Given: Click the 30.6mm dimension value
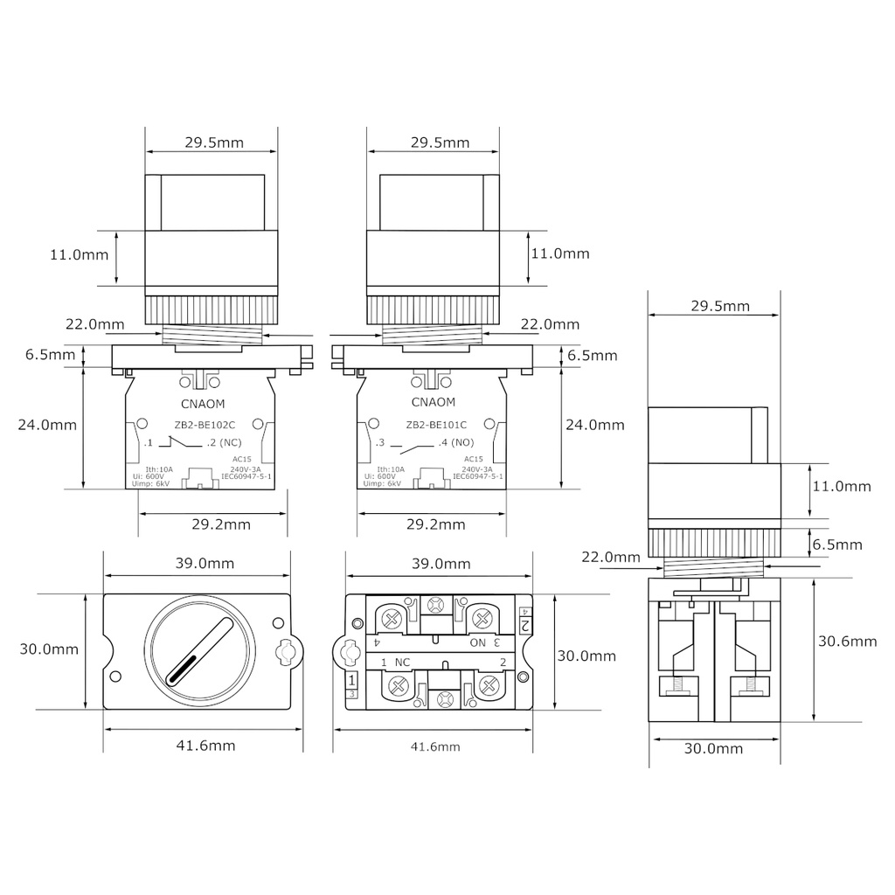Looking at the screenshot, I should pos(847,642).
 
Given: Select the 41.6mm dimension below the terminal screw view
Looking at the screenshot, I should pos(435,746).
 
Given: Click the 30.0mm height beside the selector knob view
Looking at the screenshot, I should pos(49,649).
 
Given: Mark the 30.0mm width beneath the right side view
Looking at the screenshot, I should pos(713,748).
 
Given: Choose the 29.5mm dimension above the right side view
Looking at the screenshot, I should pos(720,306).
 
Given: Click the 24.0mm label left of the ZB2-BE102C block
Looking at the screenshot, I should pos(47,425).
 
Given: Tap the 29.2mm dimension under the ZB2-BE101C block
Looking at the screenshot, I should pos(435,524).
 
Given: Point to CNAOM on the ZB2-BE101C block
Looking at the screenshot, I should pos(433,403).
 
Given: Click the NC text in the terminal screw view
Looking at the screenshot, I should pos(403,663).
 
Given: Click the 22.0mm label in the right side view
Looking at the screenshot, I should pos(609,557).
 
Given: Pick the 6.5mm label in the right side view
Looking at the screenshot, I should pos(837,545).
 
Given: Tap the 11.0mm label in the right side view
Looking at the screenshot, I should pos(842,486).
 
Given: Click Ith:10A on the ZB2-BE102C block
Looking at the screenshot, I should pos(159,469).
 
